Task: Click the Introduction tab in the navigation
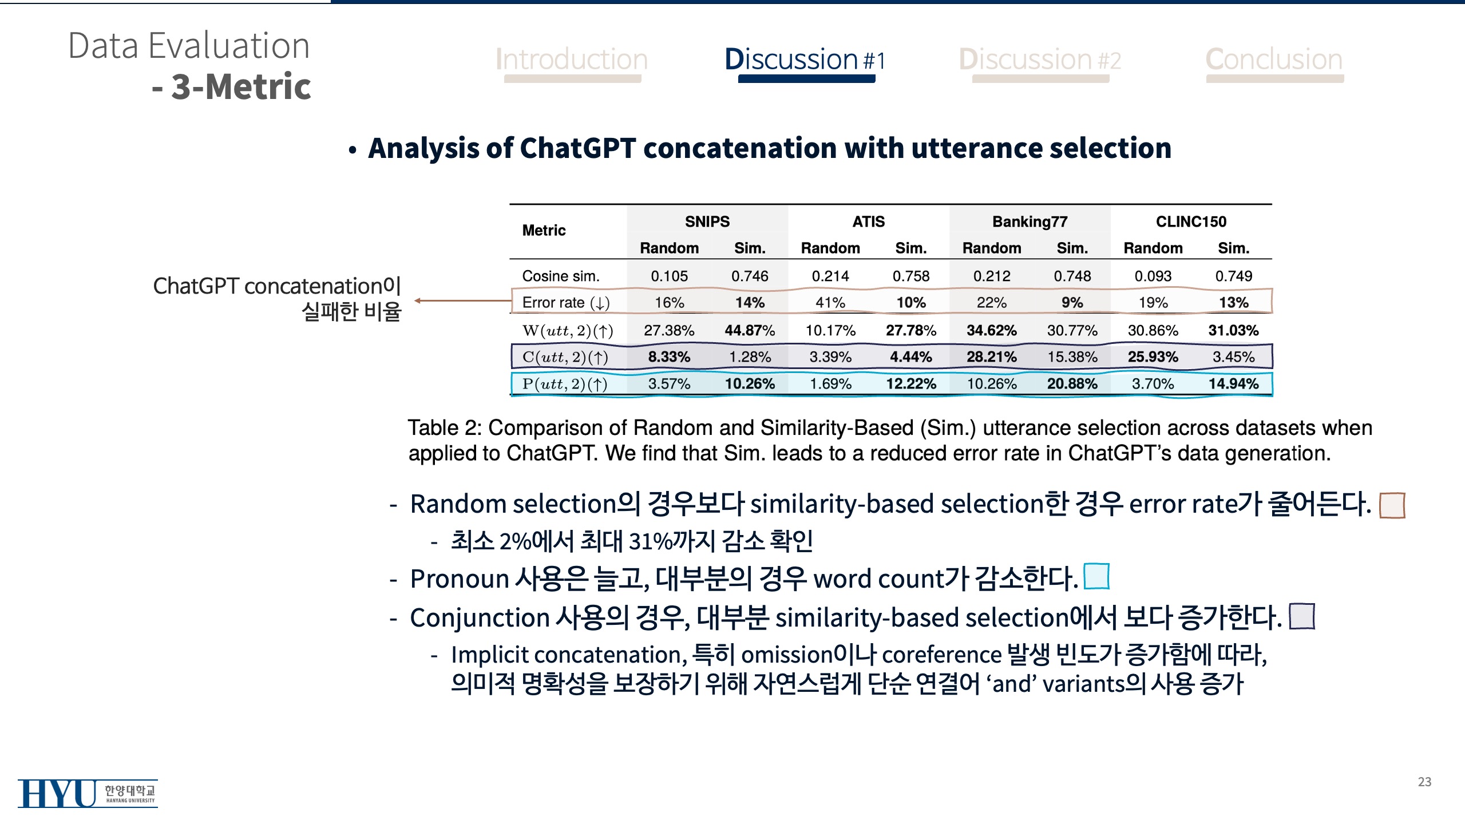coord(572,60)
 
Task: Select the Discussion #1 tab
coord(805,60)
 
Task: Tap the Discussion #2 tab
coord(1040,60)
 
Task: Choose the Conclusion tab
coord(1274,60)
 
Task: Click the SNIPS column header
coord(707,221)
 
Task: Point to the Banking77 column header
coord(1030,221)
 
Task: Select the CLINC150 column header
coord(1191,221)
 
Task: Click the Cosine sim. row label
coord(561,276)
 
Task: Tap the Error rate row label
coord(566,303)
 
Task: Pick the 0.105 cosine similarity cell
coord(669,276)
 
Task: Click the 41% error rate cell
coord(830,303)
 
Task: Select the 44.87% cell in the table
coord(750,331)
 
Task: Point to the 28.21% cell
coord(991,357)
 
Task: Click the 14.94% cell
coord(1233,384)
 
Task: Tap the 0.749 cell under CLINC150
coord(1233,276)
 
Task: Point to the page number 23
coord(1424,782)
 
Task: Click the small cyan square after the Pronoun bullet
coord(1096,576)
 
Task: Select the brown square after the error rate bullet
coord(1392,505)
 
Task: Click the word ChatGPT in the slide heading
coord(577,149)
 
